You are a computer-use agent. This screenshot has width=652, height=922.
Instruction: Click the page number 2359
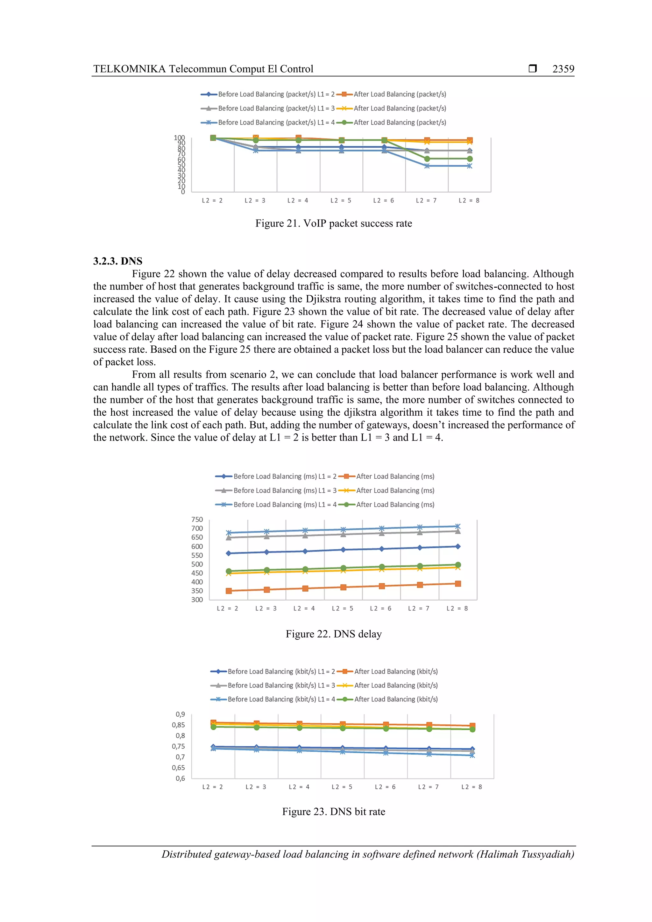tap(563, 69)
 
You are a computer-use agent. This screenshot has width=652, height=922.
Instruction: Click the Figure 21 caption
tap(333, 223)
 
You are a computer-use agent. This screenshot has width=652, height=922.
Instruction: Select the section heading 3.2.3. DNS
tap(118, 261)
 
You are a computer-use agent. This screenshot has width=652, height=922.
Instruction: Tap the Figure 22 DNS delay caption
tap(333, 634)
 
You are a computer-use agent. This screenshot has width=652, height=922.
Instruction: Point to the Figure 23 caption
tap(333, 812)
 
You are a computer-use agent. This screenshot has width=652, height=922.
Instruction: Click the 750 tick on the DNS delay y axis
tap(197, 520)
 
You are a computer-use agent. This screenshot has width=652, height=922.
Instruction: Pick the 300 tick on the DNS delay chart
tap(197, 600)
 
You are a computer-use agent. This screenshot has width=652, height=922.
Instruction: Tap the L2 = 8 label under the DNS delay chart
tap(457, 609)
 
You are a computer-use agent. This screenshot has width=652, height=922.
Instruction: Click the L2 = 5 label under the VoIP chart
tap(341, 201)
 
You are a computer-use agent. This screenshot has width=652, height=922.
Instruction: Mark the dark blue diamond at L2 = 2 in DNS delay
tap(229, 553)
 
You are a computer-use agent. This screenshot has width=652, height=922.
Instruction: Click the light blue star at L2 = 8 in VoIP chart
tap(469, 166)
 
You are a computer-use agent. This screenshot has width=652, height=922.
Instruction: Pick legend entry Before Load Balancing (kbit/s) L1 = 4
tap(281, 699)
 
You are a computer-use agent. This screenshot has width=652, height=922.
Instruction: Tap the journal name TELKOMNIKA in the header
tap(129, 69)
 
